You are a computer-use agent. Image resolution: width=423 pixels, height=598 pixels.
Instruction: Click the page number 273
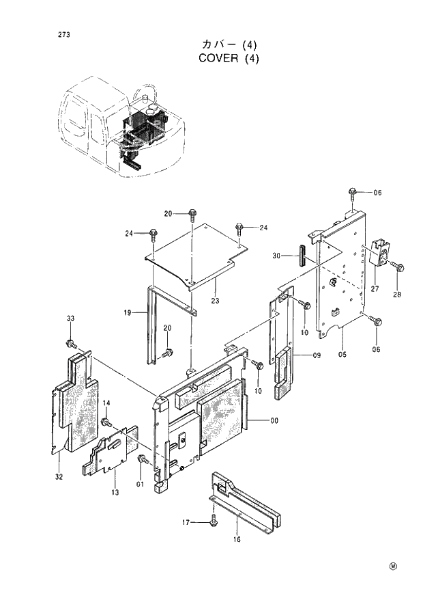click(45, 34)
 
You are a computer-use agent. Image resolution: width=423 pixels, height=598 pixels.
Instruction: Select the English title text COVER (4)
click(229, 58)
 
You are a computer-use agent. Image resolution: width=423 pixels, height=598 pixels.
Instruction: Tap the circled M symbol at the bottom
click(393, 566)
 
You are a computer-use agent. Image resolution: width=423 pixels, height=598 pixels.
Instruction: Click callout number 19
click(127, 313)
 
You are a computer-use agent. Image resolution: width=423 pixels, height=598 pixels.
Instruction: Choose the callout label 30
click(276, 256)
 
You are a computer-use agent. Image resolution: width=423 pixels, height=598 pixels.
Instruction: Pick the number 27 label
click(374, 289)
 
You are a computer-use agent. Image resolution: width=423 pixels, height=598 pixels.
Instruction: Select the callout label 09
click(317, 355)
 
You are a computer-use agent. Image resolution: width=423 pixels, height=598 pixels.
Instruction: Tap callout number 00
click(274, 420)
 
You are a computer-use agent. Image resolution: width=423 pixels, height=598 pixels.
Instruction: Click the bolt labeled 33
click(70, 342)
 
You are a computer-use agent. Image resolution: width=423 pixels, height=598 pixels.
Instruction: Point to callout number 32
click(59, 476)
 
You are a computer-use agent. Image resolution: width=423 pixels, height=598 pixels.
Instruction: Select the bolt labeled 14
click(106, 422)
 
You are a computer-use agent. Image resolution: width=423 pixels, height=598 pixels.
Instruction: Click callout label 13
click(115, 492)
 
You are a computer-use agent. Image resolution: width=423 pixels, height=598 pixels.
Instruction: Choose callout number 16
click(237, 539)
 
